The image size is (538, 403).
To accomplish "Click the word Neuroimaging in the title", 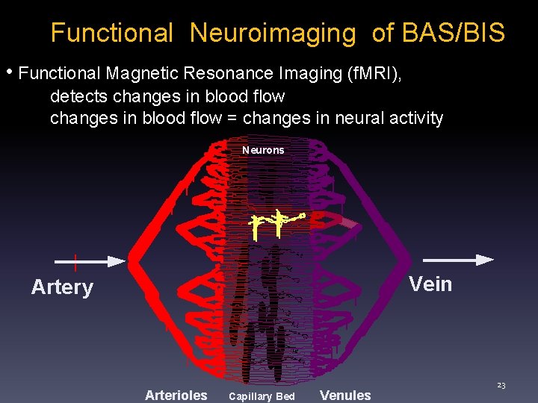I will (x=273, y=34).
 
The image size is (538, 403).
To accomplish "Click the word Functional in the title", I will (x=111, y=33).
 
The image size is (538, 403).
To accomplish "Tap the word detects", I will (x=75, y=96).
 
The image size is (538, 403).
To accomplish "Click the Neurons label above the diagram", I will (x=263, y=150).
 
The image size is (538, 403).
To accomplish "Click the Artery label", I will (x=62, y=287).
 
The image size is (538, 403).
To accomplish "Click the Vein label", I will (x=430, y=284).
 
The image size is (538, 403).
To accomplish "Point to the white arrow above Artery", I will (x=90, y=261).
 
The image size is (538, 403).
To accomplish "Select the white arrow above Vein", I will (x=458, y=260).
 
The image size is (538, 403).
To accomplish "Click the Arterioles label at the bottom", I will (x=176, y=396).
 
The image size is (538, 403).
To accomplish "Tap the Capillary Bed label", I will (x=262, y=396).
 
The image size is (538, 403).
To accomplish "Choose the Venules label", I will (x=344, y=396).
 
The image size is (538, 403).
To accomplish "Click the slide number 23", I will (x=501, y=385).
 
